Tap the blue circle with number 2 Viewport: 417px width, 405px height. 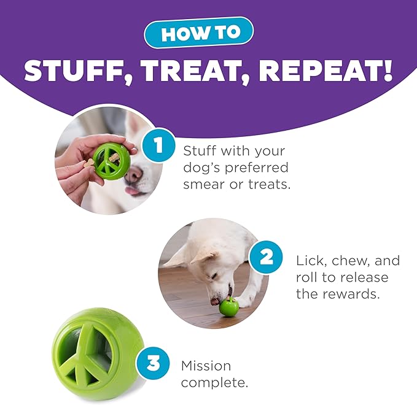point(265,257)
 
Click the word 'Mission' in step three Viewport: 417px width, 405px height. point(206,366)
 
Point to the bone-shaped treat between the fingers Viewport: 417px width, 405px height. point(90,164)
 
